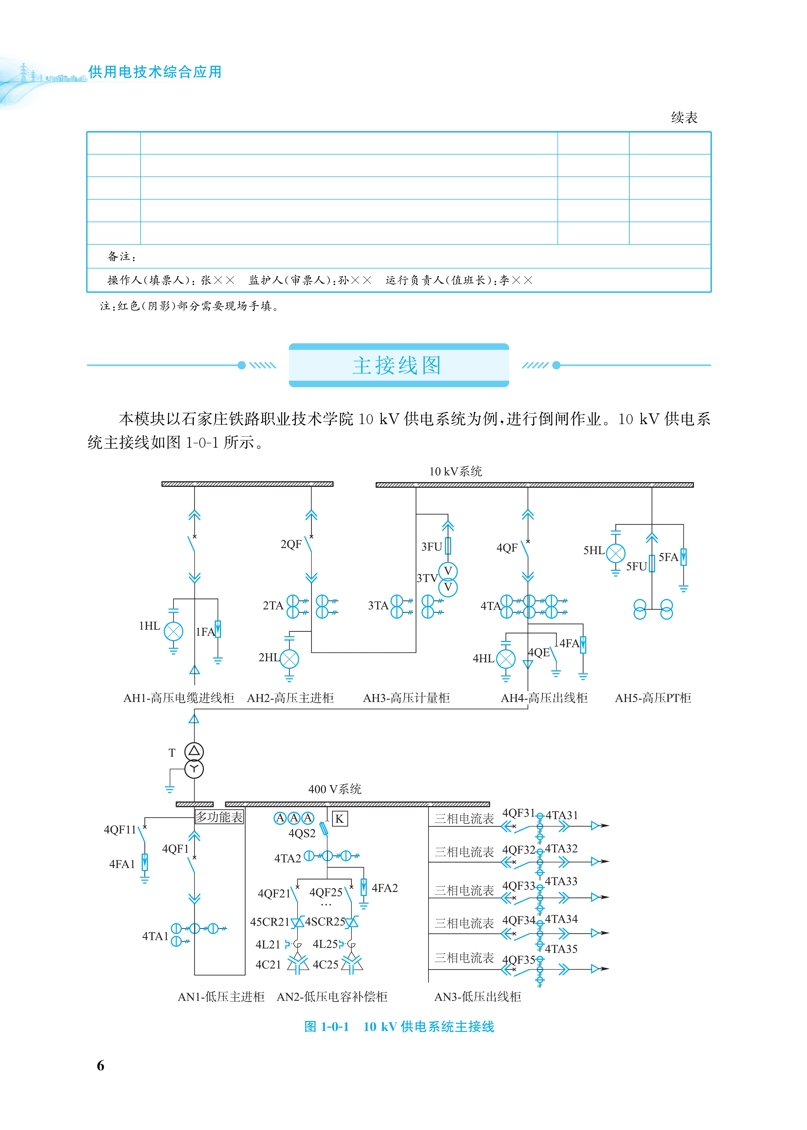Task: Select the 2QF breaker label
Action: [x=291, y=545]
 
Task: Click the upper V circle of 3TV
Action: [x=448, y=571]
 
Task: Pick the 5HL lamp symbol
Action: [x=616, y=553]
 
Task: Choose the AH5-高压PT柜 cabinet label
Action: [x=653, y=698]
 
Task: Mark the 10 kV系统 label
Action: [x=456, y=472]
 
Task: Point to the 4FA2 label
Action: [x=385, y=888]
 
